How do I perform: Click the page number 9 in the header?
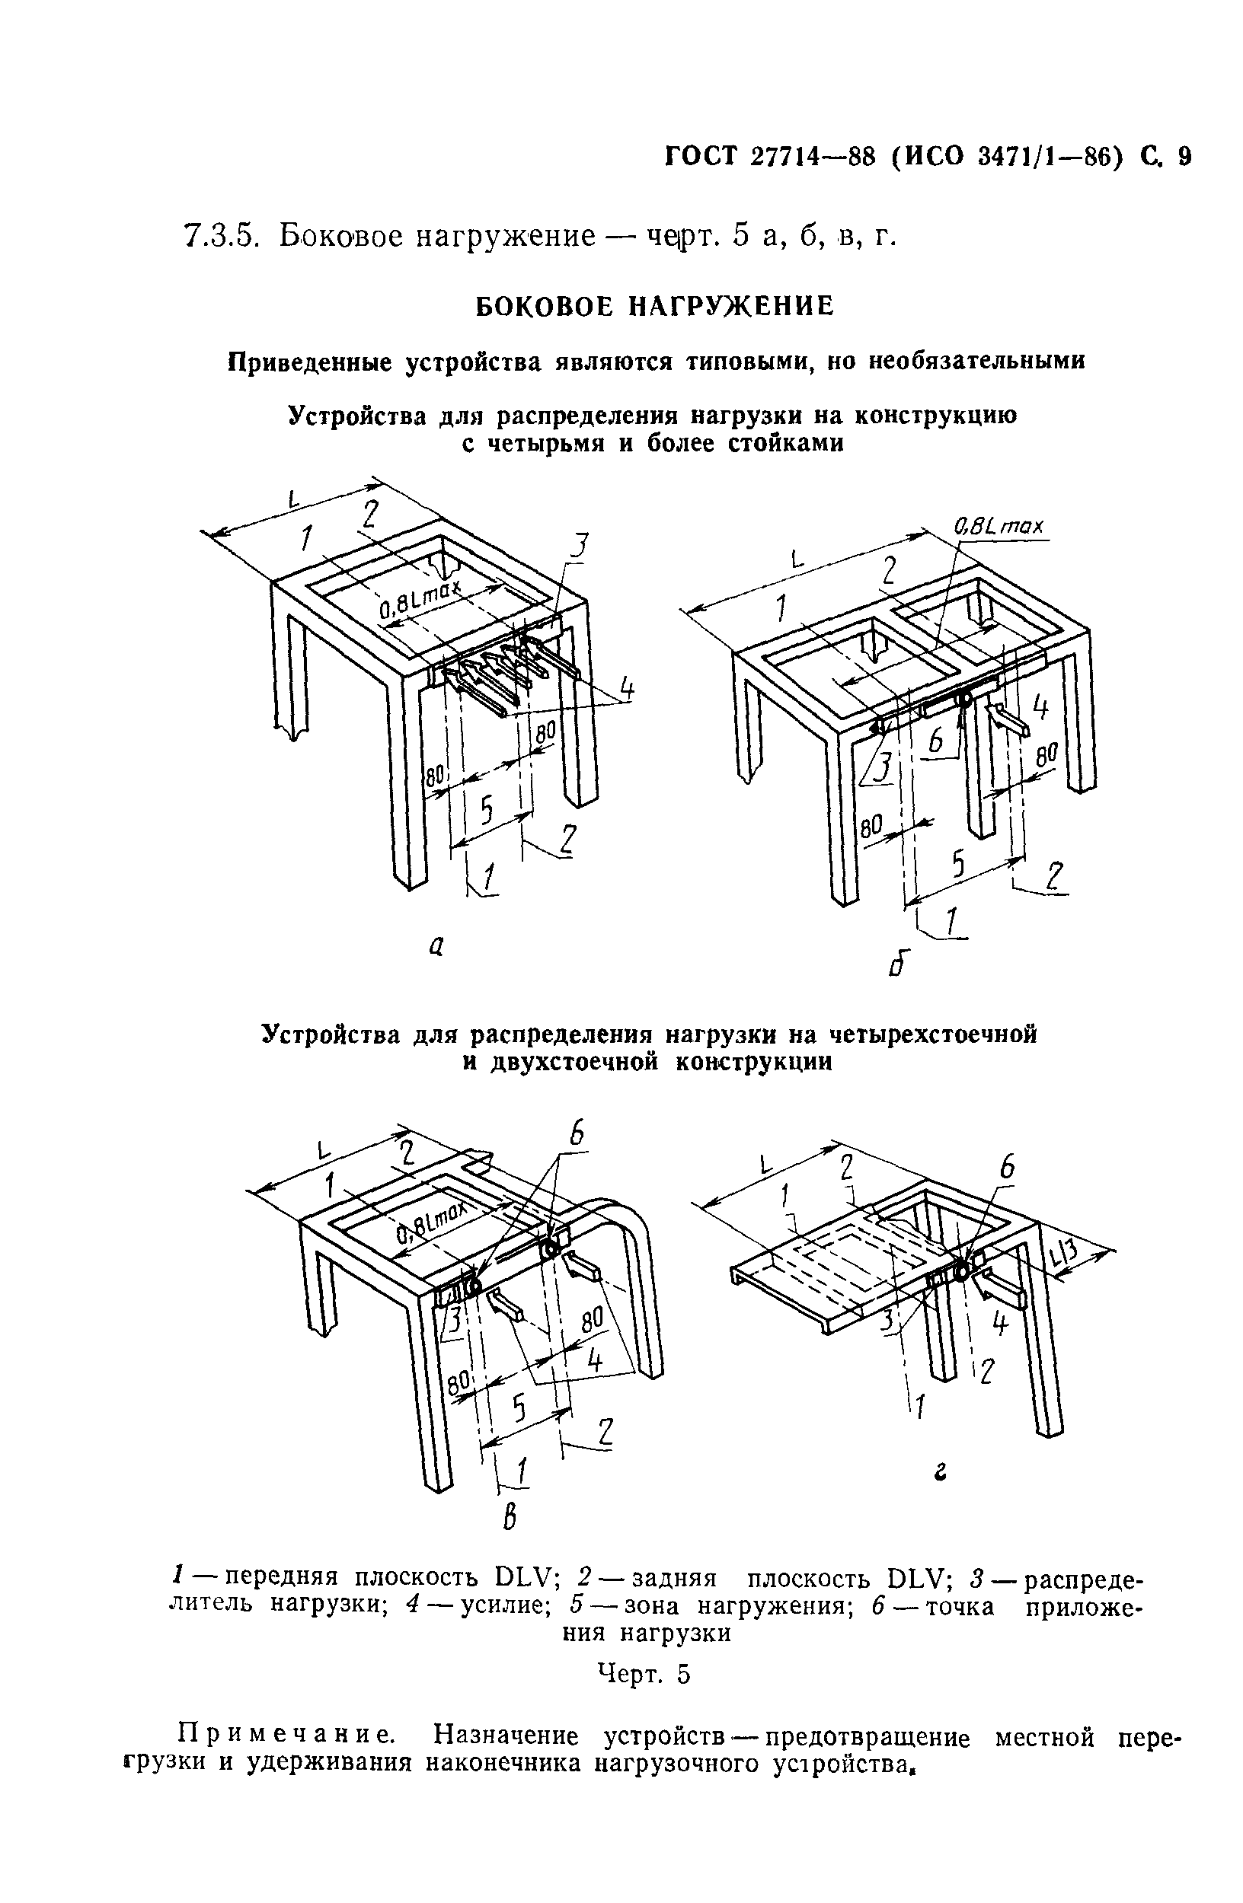pos(1184,157)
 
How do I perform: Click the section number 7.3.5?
pos(219,237)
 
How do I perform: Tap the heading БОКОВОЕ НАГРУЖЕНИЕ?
pos(654,305)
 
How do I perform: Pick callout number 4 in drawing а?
pos(627,687)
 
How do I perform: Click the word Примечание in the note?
pos(285,1736)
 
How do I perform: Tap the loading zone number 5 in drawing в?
pos(520,1407)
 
